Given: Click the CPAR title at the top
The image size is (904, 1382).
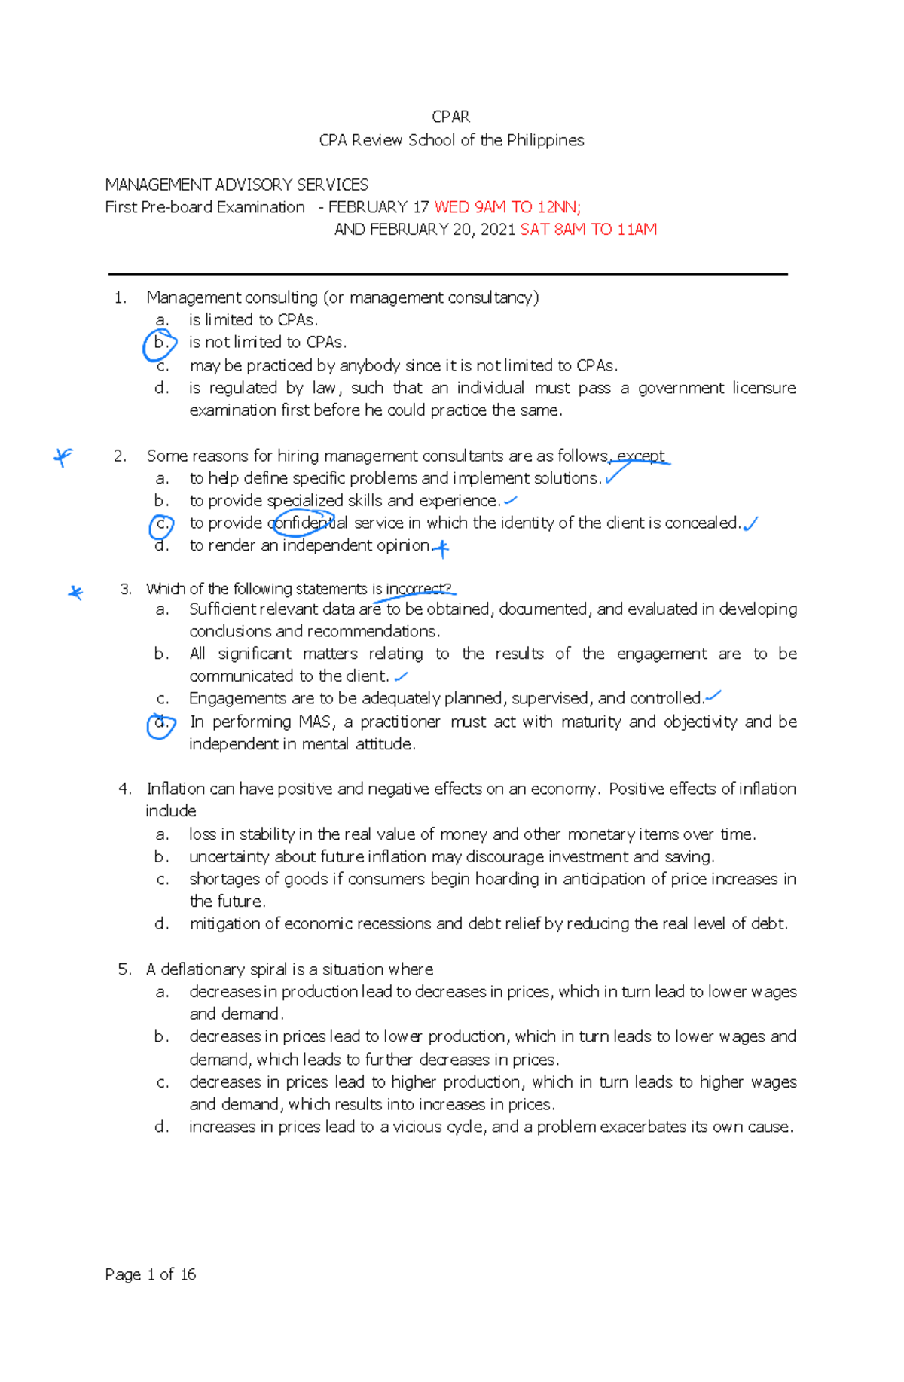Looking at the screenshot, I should click(x=450, y=117).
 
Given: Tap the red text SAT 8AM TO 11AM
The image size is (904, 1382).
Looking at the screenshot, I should click(x=588, y=230).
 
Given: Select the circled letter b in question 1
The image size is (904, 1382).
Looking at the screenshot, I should click(x=160, y=343).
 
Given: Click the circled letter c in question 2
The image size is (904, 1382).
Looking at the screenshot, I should click(x=161, y=524).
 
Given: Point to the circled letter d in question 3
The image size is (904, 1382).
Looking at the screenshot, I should click(x=160, y=724).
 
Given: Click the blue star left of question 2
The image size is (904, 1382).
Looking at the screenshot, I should click(x=63, y=456).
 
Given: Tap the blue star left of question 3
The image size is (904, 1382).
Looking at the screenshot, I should click(x=75, y=593).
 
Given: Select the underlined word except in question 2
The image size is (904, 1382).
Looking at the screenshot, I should click(x=640, y=456).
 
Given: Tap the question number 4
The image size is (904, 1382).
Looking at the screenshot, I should click(x=125, y=789).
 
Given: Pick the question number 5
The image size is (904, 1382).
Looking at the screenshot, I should click(x=125, y=969).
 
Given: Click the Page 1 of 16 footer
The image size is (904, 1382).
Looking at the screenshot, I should click(x=150, y=1274).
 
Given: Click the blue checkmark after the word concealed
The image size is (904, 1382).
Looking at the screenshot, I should click(x=750, y=523).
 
